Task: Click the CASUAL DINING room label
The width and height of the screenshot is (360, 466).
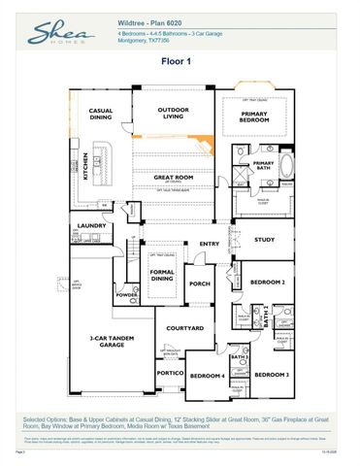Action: (101, 115)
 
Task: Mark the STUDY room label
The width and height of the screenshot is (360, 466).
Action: (264, 239)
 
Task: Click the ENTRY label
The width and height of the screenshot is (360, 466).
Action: (210, 244)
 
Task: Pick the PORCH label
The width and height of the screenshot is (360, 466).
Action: (200, 284)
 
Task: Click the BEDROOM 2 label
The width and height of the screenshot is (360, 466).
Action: (267, 282)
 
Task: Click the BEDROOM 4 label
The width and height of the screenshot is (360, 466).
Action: (207, 376)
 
